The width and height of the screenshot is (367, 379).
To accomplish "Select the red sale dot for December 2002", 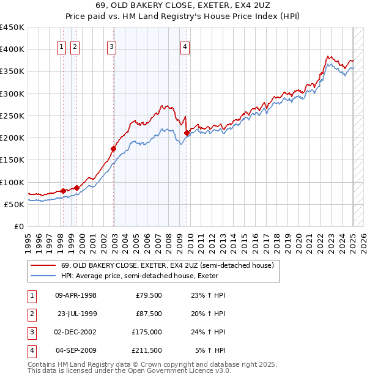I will click(x=113, y=149).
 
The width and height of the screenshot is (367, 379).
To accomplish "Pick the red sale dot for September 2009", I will click(x=186, y=132).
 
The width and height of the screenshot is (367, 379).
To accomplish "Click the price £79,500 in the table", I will click(x=148, y=295).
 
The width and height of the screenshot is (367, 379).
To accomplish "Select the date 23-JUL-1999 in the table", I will click(x=77, y=314).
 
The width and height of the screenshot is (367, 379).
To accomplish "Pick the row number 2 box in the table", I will click(x=31, y=314).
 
